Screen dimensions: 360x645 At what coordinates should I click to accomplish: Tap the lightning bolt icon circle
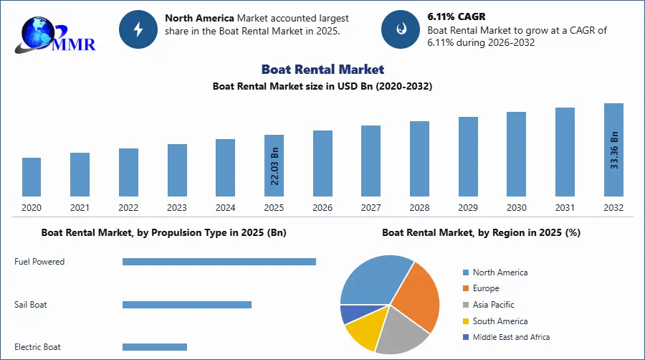[138, 29]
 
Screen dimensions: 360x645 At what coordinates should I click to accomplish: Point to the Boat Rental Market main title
[322, 69]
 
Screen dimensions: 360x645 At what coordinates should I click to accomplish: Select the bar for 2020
[32, 176]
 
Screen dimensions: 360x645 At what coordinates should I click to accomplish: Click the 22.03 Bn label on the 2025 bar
[274, 166]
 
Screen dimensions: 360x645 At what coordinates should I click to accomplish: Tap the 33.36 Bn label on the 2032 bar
[613, 150]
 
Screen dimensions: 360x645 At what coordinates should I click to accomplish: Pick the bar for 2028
[419, 158]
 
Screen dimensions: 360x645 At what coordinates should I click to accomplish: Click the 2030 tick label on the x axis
[516, 208]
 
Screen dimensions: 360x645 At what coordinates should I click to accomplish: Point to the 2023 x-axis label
[177, 208]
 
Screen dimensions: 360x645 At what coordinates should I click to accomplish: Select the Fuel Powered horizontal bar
[219, 262]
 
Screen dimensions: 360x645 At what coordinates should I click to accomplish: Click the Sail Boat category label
[31, 305]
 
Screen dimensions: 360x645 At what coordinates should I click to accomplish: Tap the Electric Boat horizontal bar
[154, 347]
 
